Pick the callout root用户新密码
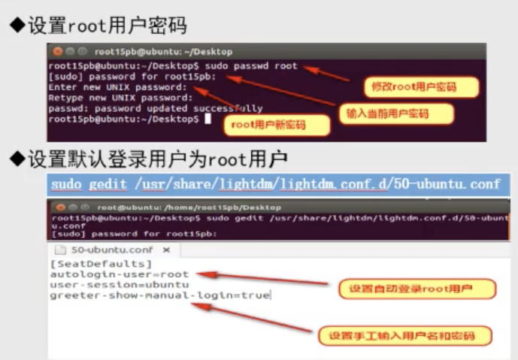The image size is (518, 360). pos(268,126)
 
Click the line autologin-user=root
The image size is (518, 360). pos(120,274)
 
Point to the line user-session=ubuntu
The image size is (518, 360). pos(120,285)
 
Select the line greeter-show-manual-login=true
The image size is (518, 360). pos(159,295)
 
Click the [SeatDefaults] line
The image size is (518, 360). pos(101,264)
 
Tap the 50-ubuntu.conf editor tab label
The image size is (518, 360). pos(111,250)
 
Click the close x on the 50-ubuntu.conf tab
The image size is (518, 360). pos(167,250)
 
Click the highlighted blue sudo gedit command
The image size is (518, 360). pos(275,184)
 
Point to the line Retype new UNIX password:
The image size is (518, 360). pos(120,98)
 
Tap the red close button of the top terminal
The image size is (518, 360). pos(56,52)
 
